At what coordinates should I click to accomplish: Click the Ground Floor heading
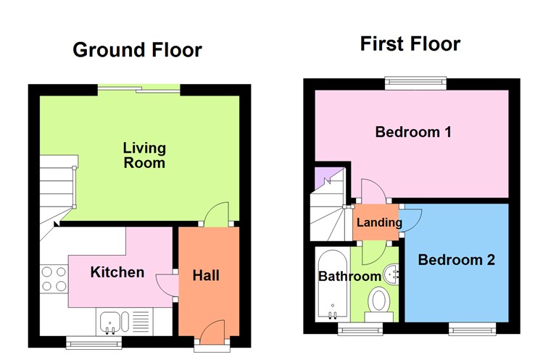pos(137,50)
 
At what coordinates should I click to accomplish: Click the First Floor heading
pos(410,44)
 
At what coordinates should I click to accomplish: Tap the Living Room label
pos(144,156)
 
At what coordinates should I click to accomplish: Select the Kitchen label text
pos(117,272)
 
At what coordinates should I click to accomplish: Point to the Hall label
pos(206,275)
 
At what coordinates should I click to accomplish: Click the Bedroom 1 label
pos(413,133)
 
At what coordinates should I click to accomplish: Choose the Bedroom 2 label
pos(457,260)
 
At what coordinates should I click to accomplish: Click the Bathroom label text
pos(349,276)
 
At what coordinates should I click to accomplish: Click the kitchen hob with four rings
pos(54,279)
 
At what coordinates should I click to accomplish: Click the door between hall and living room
pos(216,214)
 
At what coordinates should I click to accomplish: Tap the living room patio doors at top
pos(138,90)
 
